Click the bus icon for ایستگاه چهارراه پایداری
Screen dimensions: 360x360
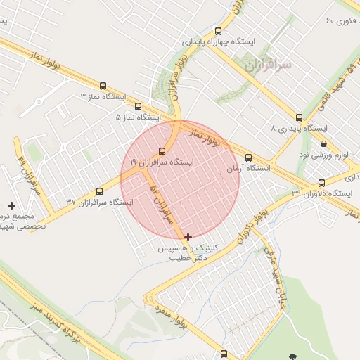(x=218, y=31)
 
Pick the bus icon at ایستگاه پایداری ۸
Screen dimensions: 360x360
(x=300, y=117)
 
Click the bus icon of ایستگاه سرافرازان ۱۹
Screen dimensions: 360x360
(x=162, y=150)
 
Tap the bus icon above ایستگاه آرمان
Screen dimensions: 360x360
(x=248, y=157)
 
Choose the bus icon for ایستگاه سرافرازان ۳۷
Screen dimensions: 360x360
(x=99, y=191)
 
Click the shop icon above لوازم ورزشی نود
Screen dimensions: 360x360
(x=323, y=143)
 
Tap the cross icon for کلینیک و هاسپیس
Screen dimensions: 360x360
(x=188, y=237)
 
